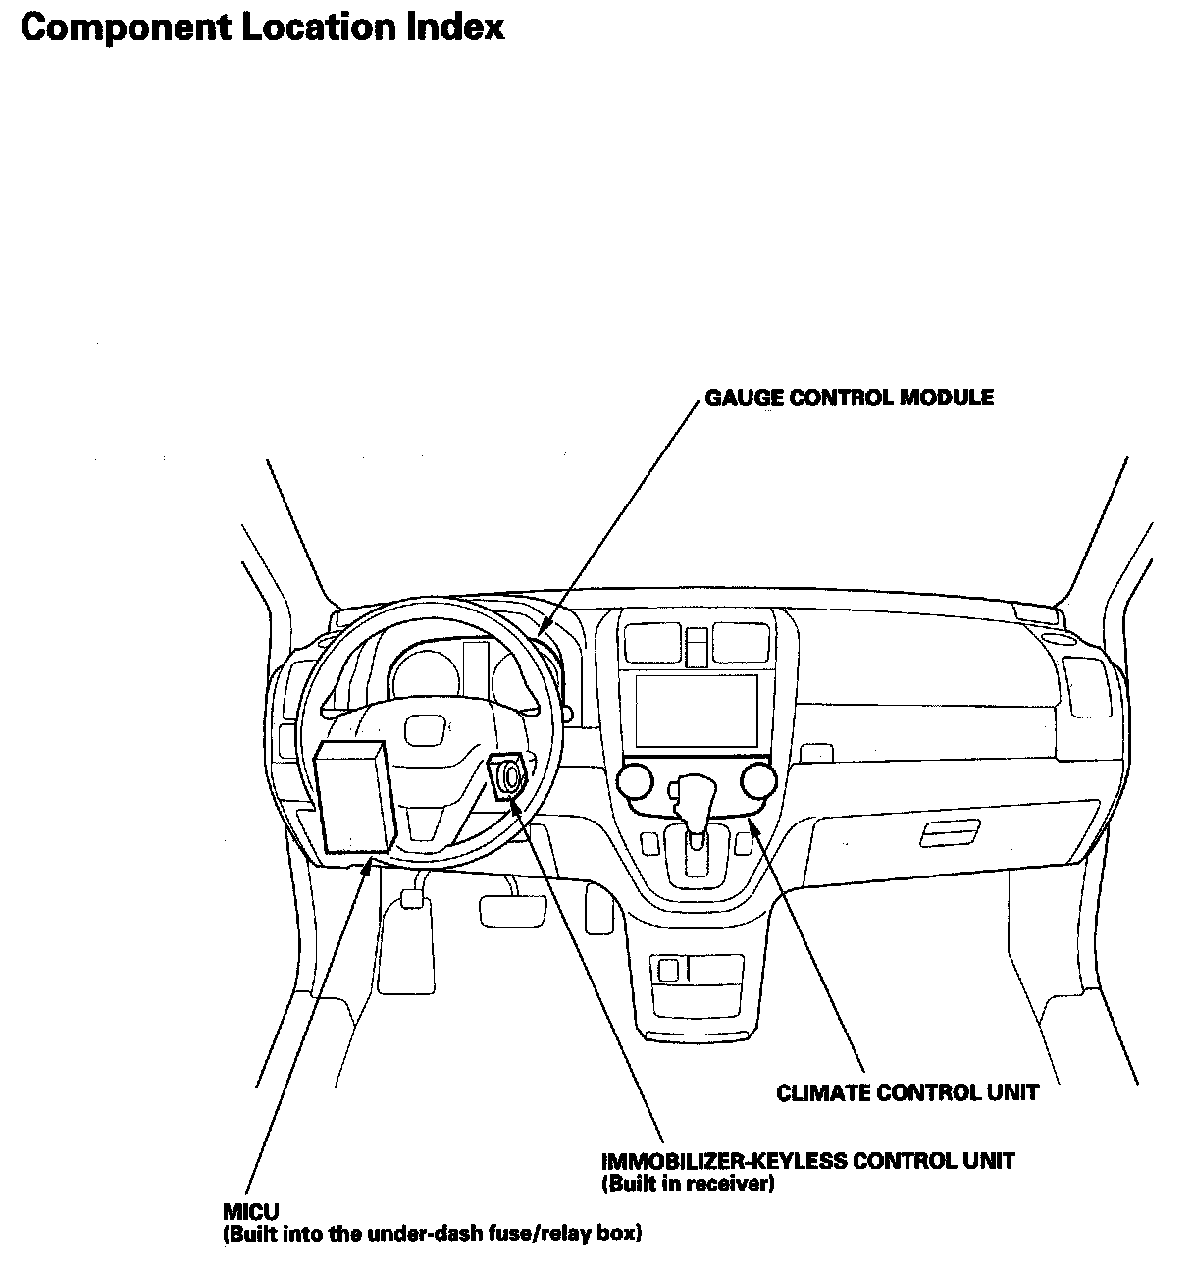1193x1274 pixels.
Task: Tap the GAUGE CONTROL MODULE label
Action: [849, 398]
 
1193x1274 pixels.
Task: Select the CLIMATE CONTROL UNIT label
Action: [908, 1092]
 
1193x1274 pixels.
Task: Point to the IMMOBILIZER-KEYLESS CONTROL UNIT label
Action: [807, 1161]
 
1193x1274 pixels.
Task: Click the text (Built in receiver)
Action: [688, 1184]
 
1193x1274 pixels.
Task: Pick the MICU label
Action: [250, 1212]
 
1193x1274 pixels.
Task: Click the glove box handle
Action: [949, 834]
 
